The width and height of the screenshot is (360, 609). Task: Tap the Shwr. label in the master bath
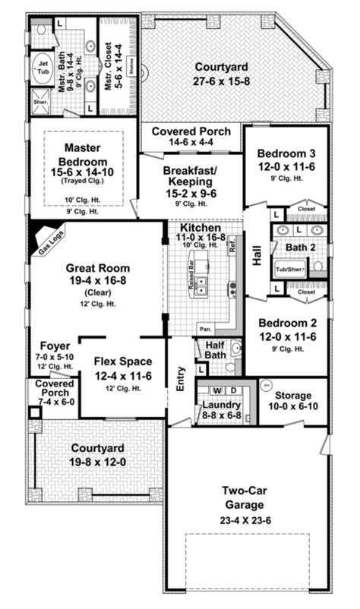point(39,99)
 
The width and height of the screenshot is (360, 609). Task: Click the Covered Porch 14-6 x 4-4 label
point(191,137)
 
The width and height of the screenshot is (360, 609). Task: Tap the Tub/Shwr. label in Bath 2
point(289,269)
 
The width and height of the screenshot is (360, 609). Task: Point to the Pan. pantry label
point(205,330)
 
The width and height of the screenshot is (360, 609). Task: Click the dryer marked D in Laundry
point(233,390)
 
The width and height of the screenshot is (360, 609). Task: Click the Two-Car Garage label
point(245,497)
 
